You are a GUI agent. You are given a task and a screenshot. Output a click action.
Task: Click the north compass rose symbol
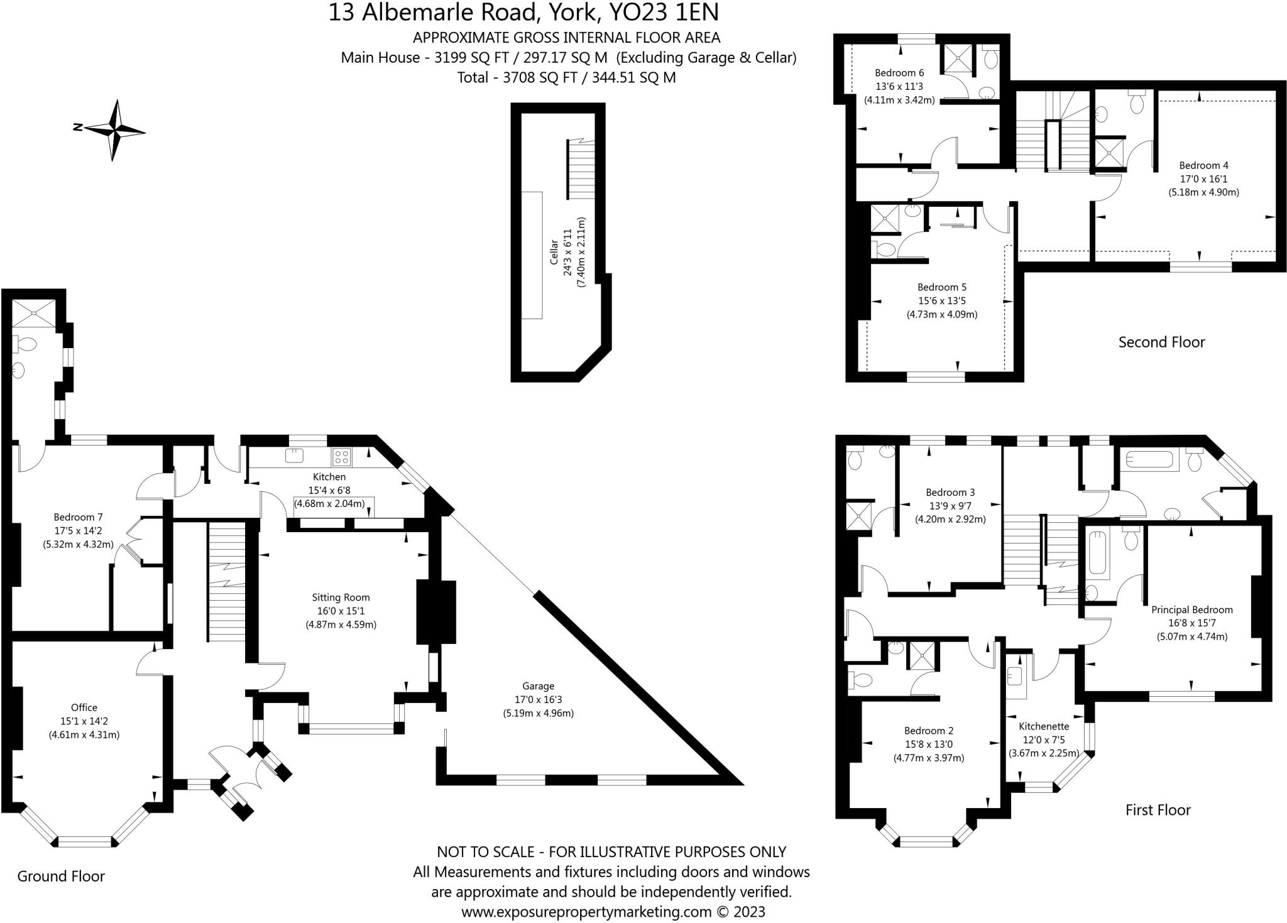[x=114, y=131]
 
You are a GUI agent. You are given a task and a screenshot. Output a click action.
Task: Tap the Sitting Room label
[x=341, y=598]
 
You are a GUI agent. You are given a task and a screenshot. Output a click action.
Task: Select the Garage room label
[x=538, y=686]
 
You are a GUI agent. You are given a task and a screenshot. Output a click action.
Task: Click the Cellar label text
[x=554, y=252]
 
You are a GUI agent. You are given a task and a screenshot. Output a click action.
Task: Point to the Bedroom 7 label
[x=78, y=517]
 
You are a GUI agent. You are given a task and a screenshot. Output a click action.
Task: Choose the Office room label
[x=84, y=707]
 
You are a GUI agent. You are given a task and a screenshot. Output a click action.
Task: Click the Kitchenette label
[x=1044, y=726]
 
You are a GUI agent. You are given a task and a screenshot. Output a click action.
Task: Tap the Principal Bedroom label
[x=1191, y=609]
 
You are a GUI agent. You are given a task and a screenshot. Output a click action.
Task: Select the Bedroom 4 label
[x=1203, y=165]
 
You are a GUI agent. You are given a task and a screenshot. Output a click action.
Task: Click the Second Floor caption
[x=1161, y=342]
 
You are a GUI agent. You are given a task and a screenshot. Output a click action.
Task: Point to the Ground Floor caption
[x=61, y=876]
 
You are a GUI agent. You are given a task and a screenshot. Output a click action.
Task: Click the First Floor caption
[x=1158, y=810]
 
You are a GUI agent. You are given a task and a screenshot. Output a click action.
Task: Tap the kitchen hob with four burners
[x=342, y=457]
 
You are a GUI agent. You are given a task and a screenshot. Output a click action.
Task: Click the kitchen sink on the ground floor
[x=293, y=456]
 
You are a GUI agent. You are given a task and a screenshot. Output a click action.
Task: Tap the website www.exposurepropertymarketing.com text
[x=586, y=912]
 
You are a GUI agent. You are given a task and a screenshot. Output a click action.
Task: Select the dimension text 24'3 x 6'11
[x=567, y=252]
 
